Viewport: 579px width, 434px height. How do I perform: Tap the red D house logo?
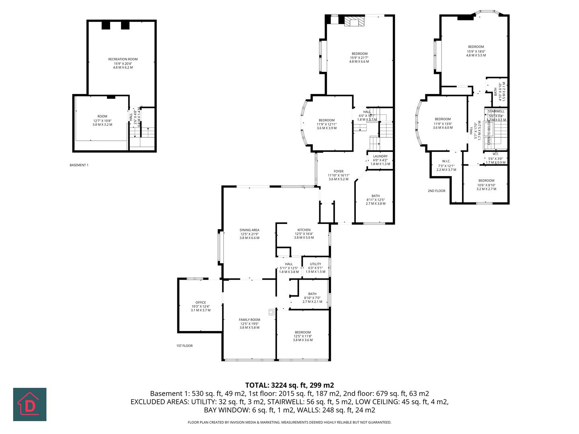(x=30, y=404)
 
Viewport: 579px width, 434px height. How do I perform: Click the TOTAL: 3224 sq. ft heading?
(x=289, y=385)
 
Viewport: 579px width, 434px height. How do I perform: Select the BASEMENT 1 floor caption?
(x=79, y=165)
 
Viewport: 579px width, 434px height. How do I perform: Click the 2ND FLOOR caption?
(x=436, y=191)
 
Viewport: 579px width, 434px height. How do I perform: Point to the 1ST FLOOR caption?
(x=185, y=346)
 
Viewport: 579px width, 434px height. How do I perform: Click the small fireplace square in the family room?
(x=272, y=311)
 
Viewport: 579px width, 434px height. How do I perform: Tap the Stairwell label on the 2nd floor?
(x=496, y=111)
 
